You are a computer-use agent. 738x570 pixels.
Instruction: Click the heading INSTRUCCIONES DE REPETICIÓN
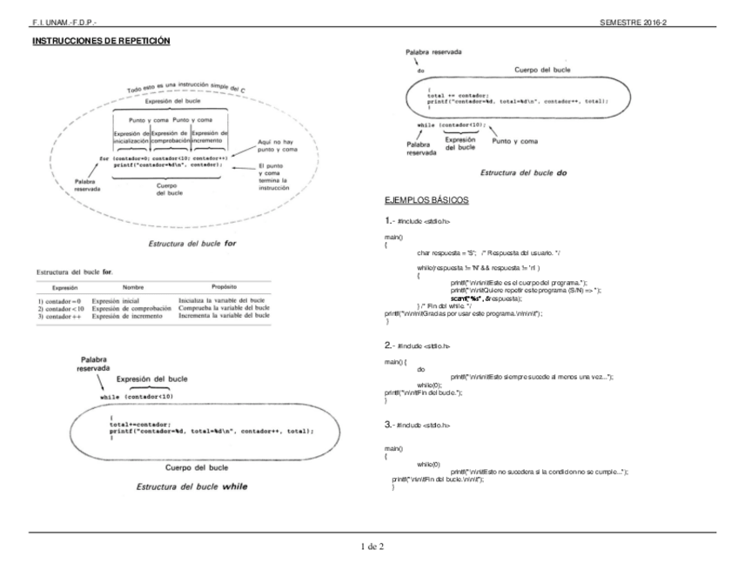pyautogui.click(x=100, y=42)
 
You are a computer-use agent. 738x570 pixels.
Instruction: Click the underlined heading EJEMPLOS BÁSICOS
pyautogui.click(x=426, y=201)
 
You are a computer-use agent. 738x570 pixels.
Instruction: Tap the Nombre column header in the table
pyautogui.click(x=133, y=286)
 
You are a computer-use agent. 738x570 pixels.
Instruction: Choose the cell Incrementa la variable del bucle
pyautogui.click(x=224, y=317)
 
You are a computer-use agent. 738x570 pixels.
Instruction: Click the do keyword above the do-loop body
pyautogui.click(x=421, y=71)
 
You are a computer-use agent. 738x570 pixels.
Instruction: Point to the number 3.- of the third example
pyautogui.click(x=390, y=424)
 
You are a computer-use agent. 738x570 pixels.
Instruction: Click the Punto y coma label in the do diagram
pyautogui.click(x=515, y=141)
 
